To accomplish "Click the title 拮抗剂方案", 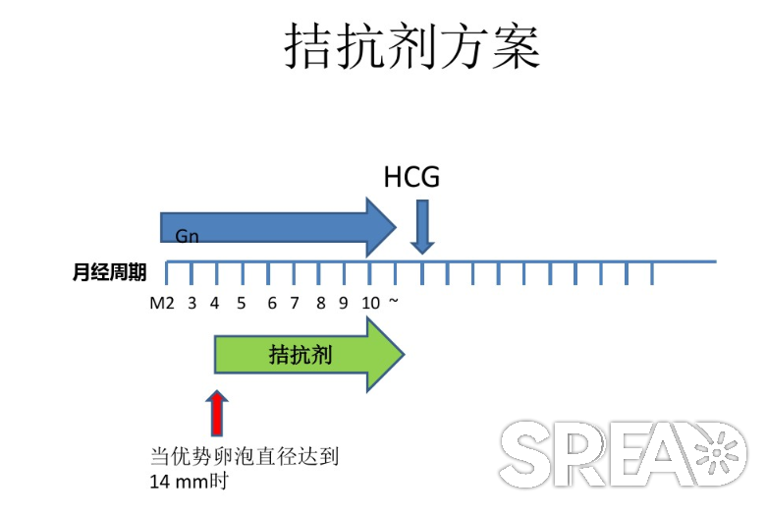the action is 412,46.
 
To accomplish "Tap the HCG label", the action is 411,177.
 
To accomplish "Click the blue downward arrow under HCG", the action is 422,226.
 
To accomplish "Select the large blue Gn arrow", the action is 278,227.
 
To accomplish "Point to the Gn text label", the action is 187,236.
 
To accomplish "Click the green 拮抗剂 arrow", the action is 309,355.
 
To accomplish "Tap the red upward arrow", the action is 217,413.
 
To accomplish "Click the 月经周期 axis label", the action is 109,272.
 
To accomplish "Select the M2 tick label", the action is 162,304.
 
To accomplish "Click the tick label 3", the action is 191,304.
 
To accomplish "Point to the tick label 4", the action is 214,304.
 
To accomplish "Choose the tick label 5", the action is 242,304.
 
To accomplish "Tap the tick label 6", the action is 272,304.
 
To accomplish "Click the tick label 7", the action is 294,304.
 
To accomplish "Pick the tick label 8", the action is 320,304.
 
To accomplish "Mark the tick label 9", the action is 344,304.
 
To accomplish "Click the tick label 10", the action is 371,304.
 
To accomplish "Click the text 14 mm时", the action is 190,482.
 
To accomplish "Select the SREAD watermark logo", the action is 623,453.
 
